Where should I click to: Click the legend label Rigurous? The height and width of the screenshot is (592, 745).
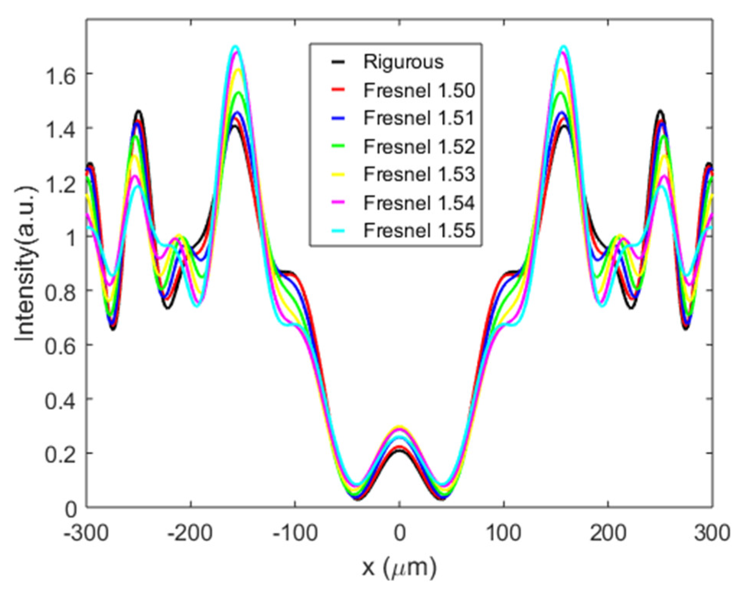[403, 62]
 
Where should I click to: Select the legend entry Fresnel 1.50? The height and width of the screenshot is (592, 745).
[419, 90]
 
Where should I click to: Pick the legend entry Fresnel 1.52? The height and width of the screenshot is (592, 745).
[419, 147]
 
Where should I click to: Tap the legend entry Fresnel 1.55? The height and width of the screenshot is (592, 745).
[419, 231]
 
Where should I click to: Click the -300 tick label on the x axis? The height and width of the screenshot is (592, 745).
[86, 534]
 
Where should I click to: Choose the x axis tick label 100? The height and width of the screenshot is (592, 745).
[504, 534]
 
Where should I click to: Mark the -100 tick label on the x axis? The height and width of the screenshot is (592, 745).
[295, 534]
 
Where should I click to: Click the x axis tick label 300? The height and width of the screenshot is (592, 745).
[712, 534]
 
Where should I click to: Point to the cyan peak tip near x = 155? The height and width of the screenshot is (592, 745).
[564, 47]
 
